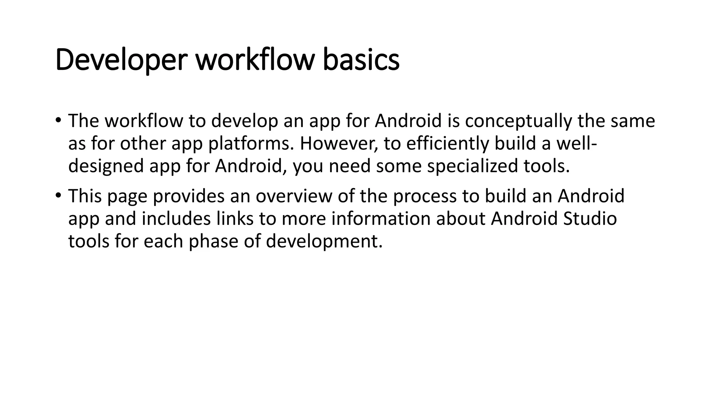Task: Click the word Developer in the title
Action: [x=120, y=60]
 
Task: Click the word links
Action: [x=235, y=219]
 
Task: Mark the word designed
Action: [x=106, y=166]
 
